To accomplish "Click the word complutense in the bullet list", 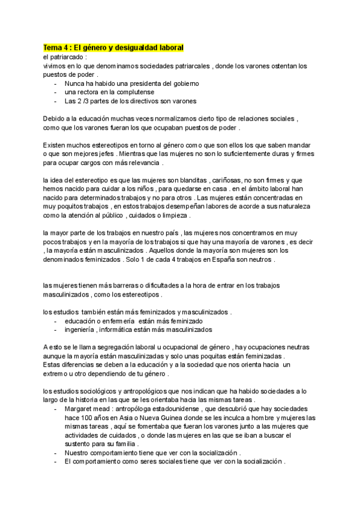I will tap(134, 92).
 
